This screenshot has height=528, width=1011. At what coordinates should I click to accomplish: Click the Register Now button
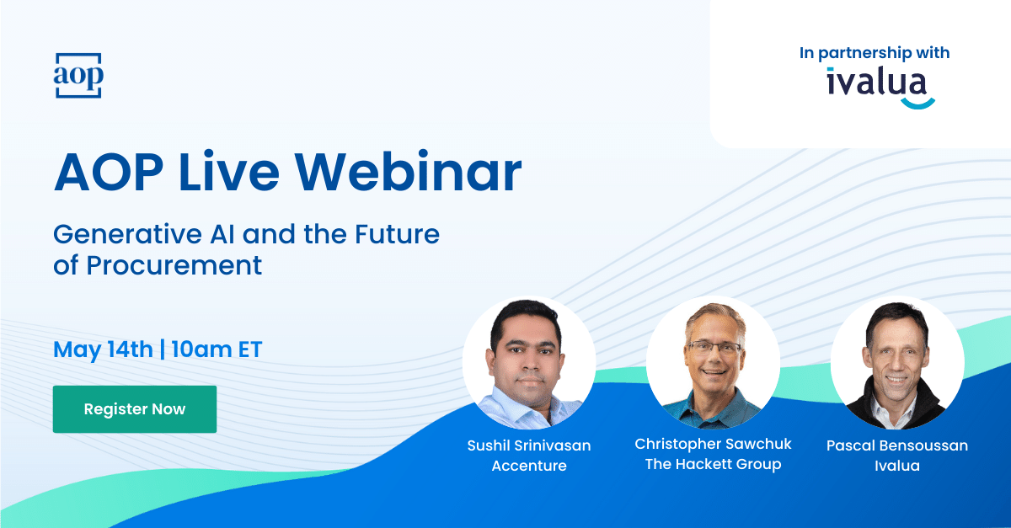[135, 409]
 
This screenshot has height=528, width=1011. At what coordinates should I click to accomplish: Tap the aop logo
[78, 75]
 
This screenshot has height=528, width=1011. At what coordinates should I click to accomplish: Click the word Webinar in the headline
[408, 172]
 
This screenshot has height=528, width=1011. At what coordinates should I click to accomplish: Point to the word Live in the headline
[229, 172]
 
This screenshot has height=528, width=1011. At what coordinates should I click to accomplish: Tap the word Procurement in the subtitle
[174, 265]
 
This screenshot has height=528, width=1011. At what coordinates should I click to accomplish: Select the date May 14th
[103, 349]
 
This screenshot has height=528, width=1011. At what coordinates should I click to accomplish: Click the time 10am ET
[217, 349]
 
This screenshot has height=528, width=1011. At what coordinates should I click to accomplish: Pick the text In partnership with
[875, 53]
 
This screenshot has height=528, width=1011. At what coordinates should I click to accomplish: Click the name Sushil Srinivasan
[529, 445]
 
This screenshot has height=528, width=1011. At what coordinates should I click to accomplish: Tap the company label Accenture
[529, 466]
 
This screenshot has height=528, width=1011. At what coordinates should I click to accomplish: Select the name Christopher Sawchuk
[713, 444]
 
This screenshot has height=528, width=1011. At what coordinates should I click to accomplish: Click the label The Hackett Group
[713, 464]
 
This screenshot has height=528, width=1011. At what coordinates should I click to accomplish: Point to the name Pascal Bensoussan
[897, 445]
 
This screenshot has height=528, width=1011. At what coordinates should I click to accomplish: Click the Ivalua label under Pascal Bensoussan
[897, 466]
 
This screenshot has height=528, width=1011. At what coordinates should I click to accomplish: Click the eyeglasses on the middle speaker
[713, 348]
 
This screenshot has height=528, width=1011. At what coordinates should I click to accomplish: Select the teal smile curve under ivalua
[918, 105]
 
